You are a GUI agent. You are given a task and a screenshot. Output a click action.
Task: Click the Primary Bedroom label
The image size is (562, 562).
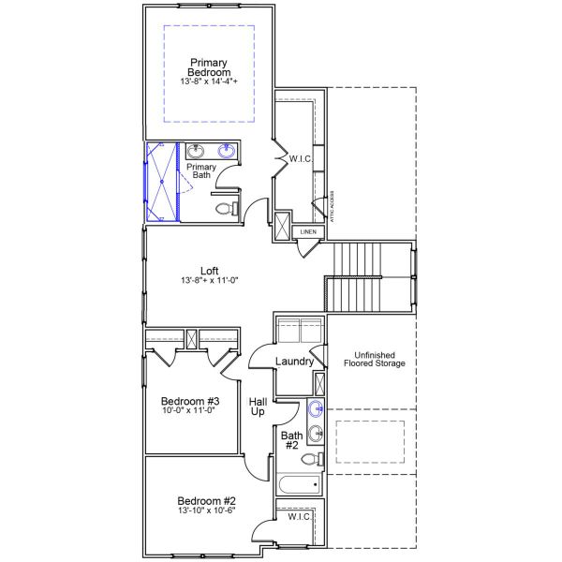(209, 67)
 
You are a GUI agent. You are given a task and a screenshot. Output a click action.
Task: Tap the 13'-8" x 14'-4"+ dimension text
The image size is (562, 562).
(209, 82)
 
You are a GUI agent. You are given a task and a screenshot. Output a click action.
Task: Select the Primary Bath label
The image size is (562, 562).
(201, 170)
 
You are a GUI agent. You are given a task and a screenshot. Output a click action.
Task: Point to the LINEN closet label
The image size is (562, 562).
(308, 232)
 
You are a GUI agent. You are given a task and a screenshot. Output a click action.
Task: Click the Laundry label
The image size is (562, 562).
(294, 362)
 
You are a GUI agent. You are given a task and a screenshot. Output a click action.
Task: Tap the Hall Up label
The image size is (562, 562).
(258, 407)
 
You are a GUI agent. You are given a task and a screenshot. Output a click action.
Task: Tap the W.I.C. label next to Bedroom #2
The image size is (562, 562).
(300, 516)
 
